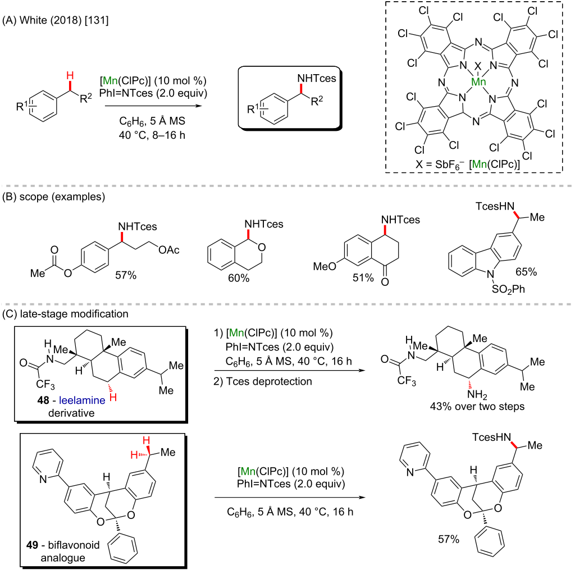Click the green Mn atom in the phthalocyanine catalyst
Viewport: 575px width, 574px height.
pyautogui.click(x=478, y=82)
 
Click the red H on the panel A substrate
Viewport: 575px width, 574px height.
pyautogui.click(x=70, y=76)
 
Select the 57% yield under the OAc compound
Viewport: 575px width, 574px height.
pyautogui.click(x=126, y=275)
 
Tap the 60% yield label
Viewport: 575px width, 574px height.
pyautogui.click(x=239, y=278)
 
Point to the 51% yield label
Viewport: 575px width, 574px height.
pyautogui.click(x=363, y=277)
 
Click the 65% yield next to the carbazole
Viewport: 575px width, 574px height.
pyautogui.click(x=526, y=272)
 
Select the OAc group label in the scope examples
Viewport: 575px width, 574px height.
pyautogui.click(x=169, y=250)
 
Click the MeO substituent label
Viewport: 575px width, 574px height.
pyautogui.click(x=325, y=266)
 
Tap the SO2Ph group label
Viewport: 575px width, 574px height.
pyautogui.click(x=508, y=289)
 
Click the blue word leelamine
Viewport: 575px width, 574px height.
pyautogui.click(x=82, y=400)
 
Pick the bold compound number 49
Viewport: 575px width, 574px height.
pyautogui.click(x=32, y=545)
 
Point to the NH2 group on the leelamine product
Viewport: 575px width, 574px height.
pyautogui.click(x=477, y=395)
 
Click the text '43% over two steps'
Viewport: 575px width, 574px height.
pyautogui.click(x=477, y=407)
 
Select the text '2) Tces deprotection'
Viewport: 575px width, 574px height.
pyautogui.click(x=263, y=381)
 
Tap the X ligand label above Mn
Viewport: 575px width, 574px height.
pyautogui.click(x=478, y=66)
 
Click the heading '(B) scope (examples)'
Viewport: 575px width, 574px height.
pyautogui.click(x=53, y=197)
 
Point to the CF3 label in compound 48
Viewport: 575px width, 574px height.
pyautogui.click(x=45, y=385)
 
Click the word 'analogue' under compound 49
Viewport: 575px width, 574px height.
pyautogui.click(x=63, y=558)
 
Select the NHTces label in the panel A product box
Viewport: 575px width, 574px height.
pyautogui.click(x=317, y=79)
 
